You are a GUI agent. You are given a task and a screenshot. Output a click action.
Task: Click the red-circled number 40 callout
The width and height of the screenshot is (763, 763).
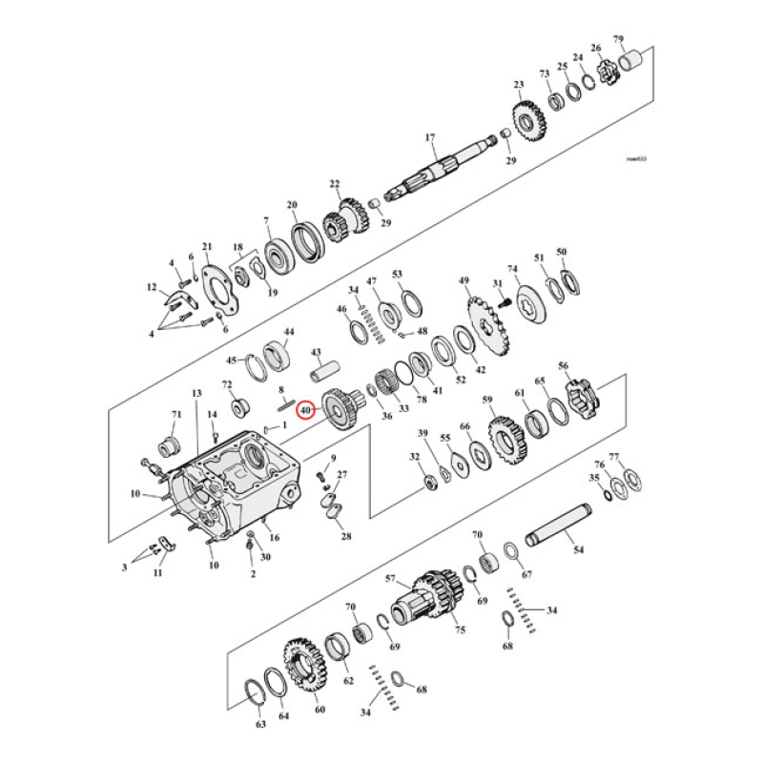pos(305,410)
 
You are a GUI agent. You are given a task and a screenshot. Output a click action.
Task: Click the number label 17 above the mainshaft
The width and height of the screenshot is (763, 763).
pos(429,137)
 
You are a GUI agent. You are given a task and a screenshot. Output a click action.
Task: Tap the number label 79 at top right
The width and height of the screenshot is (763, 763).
pos(618,39)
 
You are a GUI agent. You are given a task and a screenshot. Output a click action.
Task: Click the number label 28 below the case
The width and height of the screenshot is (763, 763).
pos(345,536)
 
